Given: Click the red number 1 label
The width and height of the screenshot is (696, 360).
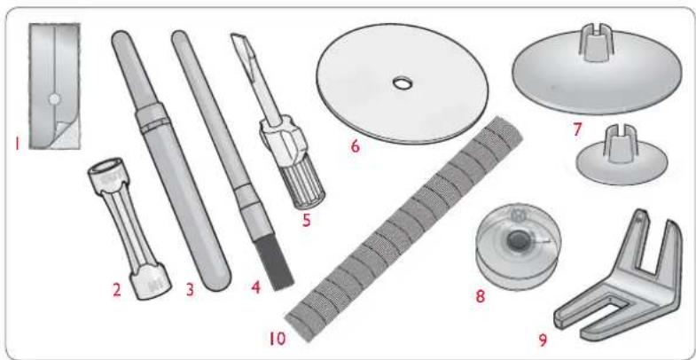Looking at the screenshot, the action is tap(17, 144).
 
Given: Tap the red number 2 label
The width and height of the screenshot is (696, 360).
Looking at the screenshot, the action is tap(116, 290).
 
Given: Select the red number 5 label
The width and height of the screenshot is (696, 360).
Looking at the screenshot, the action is tap(306, 221).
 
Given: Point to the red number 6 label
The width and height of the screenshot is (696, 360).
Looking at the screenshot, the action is tap(355, 146).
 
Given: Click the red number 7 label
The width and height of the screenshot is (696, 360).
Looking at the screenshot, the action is tap(577, 129).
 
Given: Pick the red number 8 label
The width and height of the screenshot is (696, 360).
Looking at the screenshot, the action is tap(481, 296).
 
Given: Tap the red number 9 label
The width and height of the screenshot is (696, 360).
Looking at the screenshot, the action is tap(543, 340).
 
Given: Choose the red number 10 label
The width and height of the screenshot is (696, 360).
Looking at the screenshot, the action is tap(278, 339).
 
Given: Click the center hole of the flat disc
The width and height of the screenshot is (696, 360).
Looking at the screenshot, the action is tap(403, 82).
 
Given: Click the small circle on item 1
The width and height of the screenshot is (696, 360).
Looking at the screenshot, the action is tap(54, 99).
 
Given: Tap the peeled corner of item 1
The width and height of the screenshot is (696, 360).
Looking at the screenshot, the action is tap(66, 135).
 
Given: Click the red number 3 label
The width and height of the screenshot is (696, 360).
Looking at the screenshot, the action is tap(190, 290).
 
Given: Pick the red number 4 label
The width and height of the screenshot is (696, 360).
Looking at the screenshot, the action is tap(255, 288).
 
